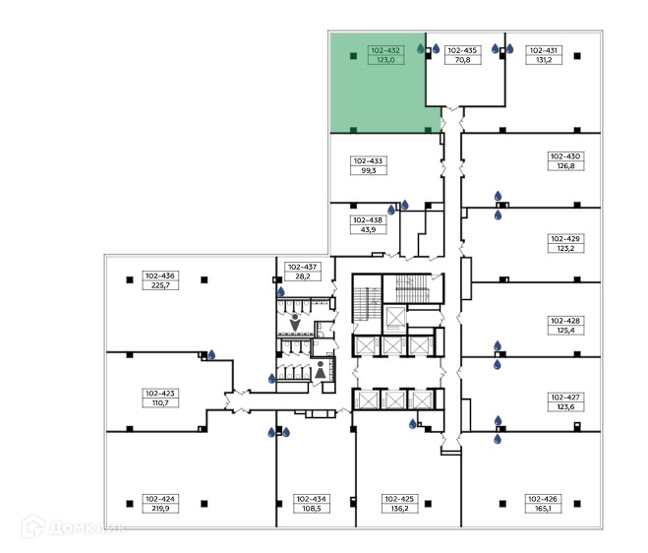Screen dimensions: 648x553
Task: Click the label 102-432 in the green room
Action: (385, 50)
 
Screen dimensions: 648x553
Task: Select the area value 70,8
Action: (462, 60)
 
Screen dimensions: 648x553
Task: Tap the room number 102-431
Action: (544, 50)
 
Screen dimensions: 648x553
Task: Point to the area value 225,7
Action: (160, 285)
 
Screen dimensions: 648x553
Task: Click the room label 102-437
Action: (303, 268)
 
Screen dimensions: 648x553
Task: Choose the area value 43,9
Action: (368, 230)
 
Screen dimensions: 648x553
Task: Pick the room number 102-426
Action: (543, 499)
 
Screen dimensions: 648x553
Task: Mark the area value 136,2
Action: (399, 509)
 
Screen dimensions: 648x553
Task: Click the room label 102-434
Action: (311, 499)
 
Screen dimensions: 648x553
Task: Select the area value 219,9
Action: (160, 509)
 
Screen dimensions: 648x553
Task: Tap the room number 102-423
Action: (160, 394)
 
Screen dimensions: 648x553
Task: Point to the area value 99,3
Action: (368, 171)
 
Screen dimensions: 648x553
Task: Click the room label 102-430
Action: (565, 156)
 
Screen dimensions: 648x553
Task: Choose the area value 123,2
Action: (565, 249)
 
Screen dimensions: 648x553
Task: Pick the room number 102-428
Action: (565, 321)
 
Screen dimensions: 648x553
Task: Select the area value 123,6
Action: (565, 407)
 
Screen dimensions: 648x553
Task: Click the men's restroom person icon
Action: (295, 323)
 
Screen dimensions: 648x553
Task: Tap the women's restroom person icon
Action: (321, 369)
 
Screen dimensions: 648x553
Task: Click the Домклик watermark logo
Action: (75, 527)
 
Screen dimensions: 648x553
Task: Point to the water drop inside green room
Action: (421, 49)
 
